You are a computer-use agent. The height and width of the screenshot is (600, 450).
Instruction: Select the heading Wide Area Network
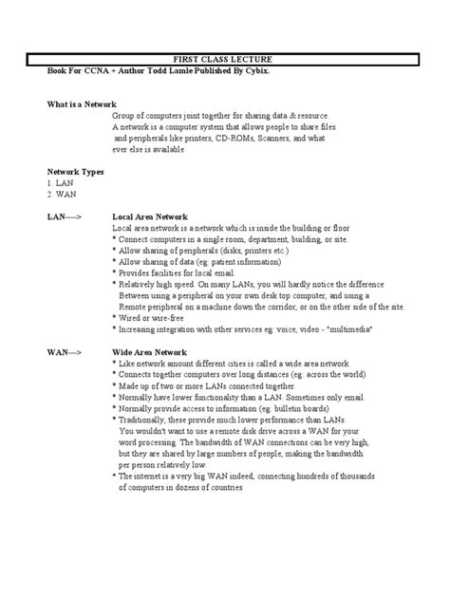coord(150,351)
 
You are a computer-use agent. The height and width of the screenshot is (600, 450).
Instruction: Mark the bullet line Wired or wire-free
coord(155,317)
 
